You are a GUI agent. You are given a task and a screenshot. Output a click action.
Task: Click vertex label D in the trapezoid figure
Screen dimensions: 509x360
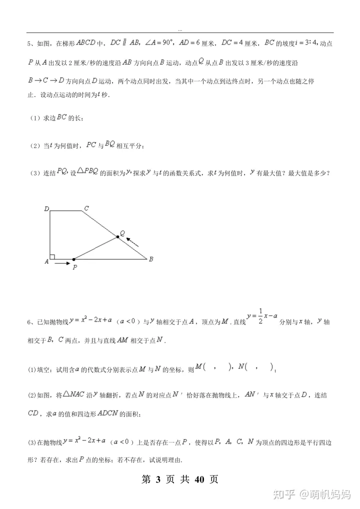pos(46,208)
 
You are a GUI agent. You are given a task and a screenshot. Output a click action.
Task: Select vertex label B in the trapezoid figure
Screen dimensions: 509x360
pos(151,259)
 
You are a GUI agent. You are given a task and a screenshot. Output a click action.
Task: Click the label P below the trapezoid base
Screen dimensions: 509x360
pos(74,268)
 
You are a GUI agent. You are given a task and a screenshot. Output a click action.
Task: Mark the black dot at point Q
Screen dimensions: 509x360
pos(118,237)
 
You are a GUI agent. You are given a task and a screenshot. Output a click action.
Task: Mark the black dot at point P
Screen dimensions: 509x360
pos(73,259)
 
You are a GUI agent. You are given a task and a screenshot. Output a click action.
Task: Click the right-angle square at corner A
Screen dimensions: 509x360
pos(52,256)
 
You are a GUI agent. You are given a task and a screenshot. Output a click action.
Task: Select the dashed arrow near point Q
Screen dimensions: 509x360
pos(132,243)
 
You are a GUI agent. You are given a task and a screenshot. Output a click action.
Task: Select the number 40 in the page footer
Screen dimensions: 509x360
pos(199,479)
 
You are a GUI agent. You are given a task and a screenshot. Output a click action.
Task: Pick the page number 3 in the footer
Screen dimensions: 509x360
pos(158,479)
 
